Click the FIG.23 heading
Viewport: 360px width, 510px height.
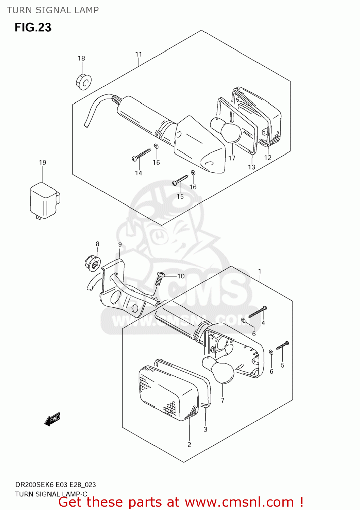(33, 28)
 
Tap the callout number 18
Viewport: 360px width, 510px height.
(81, 58)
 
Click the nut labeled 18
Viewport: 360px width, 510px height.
(83, 82)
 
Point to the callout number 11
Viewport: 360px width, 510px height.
(138, 54)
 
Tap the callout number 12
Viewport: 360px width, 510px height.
(268, 157)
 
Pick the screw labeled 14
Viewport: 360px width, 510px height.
(142, 154)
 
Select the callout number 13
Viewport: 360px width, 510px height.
(251, 167)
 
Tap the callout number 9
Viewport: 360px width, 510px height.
(120, 244)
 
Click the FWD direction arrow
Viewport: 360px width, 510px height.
(52, 419)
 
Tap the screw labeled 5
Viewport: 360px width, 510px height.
(282, 345)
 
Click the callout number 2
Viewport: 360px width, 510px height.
(189, 444)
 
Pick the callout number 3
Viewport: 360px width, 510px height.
(205, 429)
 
